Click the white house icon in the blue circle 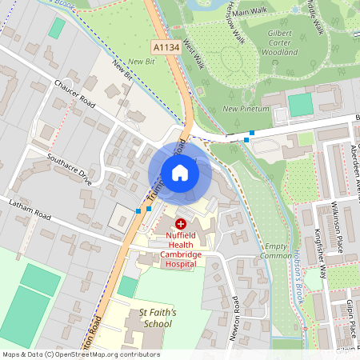pyautogui.click(x=180, y=172)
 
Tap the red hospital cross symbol pyautogui.click(x=181, y=224)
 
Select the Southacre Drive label pyautogui.click(x=70, y=169)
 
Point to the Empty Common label pyautogui.click(x=276, y=251)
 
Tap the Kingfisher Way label pyautogui.click(x=320, y=252)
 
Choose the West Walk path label pyautogui.click(x=194, y=54)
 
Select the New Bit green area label pyautogui.click(x=141, y=61)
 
